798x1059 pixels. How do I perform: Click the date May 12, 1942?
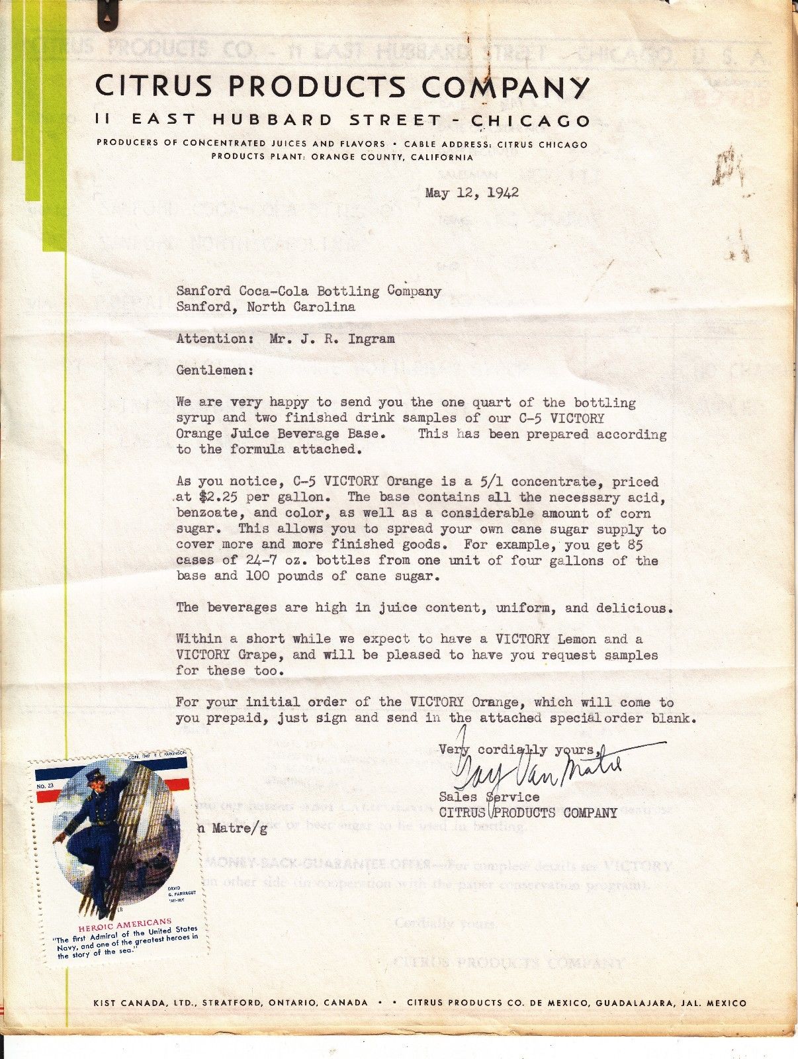click(472, 193)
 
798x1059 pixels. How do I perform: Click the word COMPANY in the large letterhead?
click(506, 87)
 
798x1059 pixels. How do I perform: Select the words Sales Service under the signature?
click(489, 797)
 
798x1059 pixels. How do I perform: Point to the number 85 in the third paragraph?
click(634, 545)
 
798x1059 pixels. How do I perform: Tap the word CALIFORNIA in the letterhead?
click(442, 158)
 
